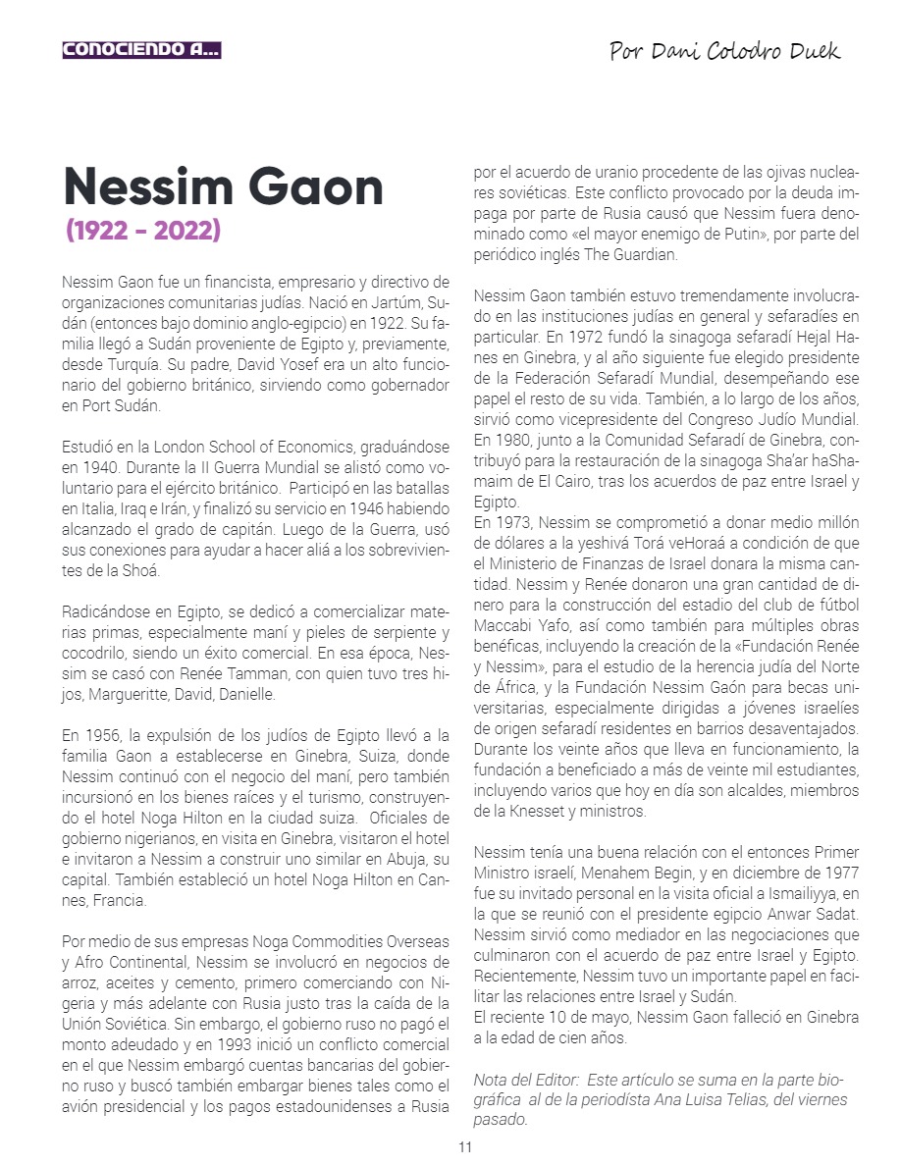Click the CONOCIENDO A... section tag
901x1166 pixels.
click(141, 50)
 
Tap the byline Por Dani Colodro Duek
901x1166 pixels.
click(724, 51)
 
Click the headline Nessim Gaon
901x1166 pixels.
click(223, 185)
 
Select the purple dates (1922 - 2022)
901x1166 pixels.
click(143, 231)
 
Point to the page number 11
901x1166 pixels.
click(465, 1147)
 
